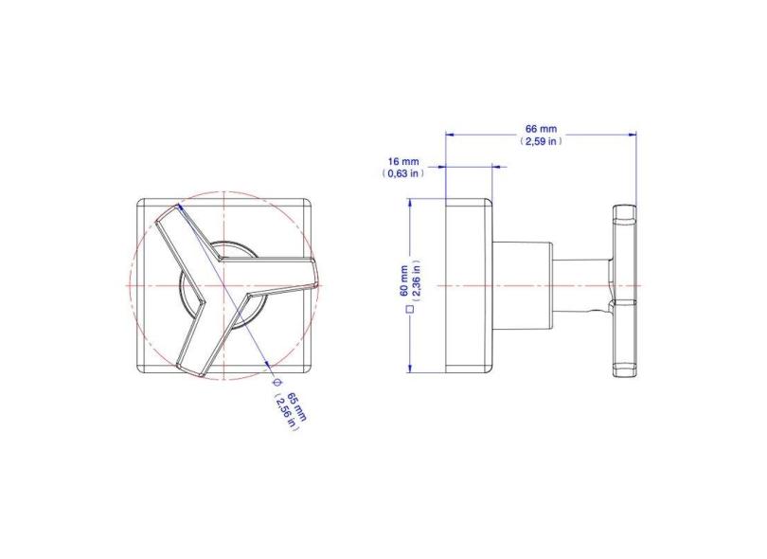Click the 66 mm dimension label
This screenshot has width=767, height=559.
pyautogui.click(x=541, y=128)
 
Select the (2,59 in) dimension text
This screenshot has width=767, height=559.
pyautogui.click(x=541, y=141)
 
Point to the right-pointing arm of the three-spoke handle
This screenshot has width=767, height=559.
pyautogui.click(x=284, y=279)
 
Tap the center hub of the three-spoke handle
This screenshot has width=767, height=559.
pyautogui.click(x=222, y=284)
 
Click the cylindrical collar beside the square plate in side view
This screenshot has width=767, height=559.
pyautogui.click(x=521, y=285)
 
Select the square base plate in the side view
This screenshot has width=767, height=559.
pyautogui.click(x=468, y=285)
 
